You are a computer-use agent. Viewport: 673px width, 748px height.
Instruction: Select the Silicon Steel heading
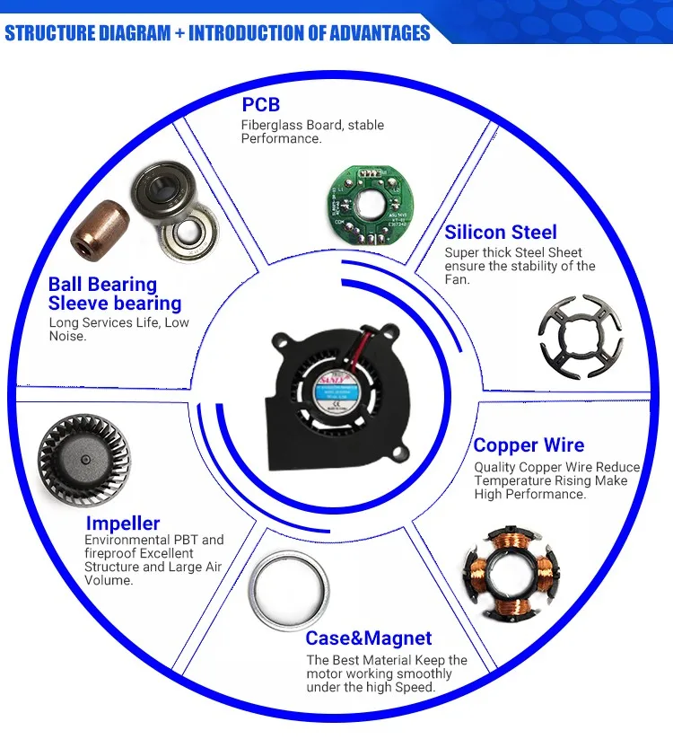coord(501,232)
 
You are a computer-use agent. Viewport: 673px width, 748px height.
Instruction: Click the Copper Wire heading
coord(529,445)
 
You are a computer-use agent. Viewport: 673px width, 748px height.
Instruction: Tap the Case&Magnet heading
coord(369,638)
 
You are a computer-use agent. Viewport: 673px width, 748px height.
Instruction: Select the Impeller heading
coord(123,523)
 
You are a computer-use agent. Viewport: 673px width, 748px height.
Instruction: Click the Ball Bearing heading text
coord(102,285)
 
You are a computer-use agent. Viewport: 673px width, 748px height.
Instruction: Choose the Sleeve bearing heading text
coord(115,304)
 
